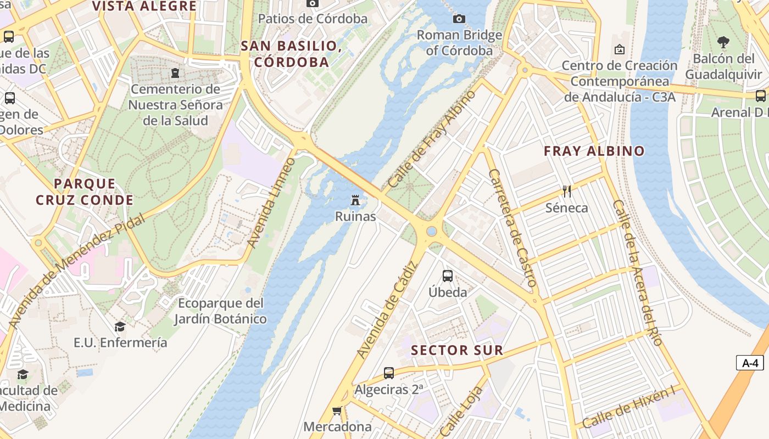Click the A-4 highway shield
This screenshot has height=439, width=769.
[x=750, y=363]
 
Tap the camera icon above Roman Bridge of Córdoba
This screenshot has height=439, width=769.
[x=459, y=19]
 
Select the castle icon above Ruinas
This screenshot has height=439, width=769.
[x=356, y=200]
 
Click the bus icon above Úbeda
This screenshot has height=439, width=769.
[x=448, y=275]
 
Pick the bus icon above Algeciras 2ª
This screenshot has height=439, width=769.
[x=389, y=373]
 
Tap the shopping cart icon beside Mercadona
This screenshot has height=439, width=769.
[x=337, y=410]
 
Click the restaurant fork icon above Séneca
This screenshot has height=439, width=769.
[x=567, y=192]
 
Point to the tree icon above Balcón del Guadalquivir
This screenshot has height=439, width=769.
[x=723, y=42]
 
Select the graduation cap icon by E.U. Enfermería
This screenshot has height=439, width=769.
[x=120, y=327]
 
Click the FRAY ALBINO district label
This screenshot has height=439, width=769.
[x=594, y=151]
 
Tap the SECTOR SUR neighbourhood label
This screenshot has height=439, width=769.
[x=456, y=350]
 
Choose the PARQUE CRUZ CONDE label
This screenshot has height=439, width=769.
[x=85, y=192]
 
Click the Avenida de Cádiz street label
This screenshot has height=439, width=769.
[x=387, y=311]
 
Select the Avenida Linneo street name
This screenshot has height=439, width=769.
[x=271, y=202]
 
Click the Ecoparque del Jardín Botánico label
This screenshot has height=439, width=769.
[x=221, y=311]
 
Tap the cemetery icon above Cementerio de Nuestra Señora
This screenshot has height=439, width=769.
[x=175, y=72]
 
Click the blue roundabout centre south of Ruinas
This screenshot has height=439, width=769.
[x=432, y=232]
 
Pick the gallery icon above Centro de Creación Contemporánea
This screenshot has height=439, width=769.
[x=619, y=49]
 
